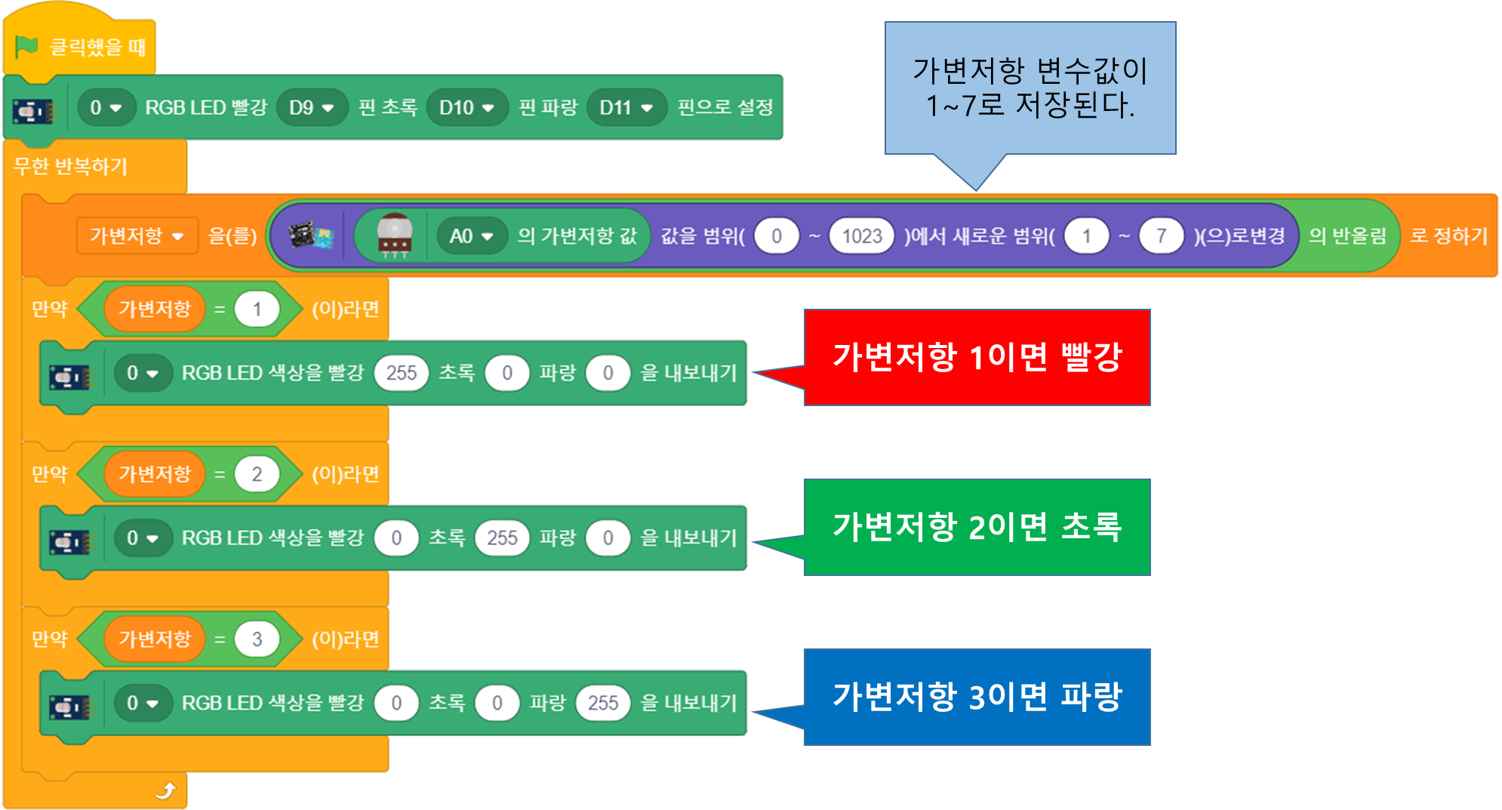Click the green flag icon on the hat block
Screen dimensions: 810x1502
tap(26, 47)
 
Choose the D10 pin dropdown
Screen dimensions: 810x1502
tap(466, 108)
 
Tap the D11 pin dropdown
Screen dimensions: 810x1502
tap(626, 108)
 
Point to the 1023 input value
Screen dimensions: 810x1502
tap(861, 236)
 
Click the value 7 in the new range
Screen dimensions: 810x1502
tap(1161, 236)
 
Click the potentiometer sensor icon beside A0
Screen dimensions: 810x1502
tap(394, 236)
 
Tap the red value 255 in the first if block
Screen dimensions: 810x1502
tap(401, 373)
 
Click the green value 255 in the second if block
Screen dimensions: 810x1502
tap(502, 537)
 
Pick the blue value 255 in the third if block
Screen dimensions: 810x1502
tap(602, 703)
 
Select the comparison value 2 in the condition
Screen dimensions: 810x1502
tap(257, 474)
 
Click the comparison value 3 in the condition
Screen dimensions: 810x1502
tap(257, 639)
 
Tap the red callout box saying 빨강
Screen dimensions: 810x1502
tap(977, 357)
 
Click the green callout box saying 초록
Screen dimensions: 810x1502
tap(977, 527)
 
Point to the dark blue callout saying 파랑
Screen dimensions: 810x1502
tap(977, 697)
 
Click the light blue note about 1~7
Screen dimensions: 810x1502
tap(1030, 88)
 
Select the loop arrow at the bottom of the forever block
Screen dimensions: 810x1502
tap(165, 790)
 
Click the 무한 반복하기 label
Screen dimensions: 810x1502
tap(71, 166)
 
